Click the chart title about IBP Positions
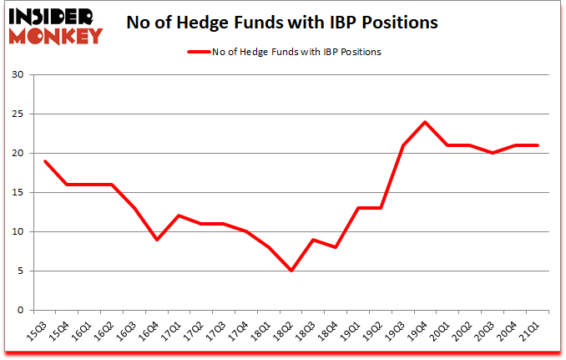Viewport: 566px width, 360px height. pos(283,23)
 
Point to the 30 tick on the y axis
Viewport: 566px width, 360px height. pos(18,75)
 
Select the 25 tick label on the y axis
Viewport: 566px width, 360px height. pos(18,114)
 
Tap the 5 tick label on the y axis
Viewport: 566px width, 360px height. pos(21,271)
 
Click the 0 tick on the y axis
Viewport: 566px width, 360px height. pos(21,310)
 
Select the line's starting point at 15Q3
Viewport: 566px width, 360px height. pos(44,161)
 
